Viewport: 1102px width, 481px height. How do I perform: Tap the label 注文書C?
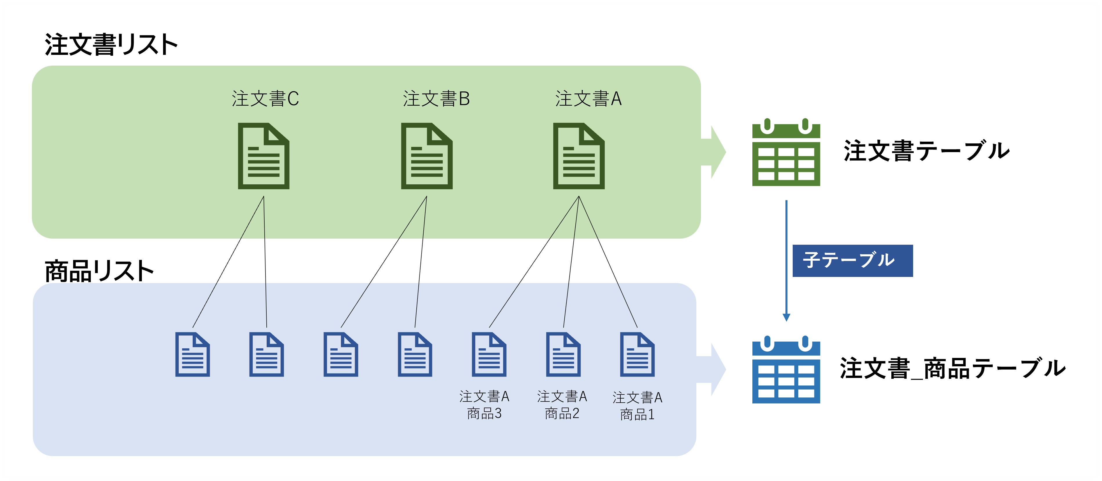click(x=265, y=99)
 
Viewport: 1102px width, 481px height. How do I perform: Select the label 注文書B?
click(x=436, y=99)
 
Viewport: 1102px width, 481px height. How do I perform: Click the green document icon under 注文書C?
click(x=263, y=156)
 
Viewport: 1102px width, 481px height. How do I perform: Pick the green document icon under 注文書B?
click(x=427, y=156)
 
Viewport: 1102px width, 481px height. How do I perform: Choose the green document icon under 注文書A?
click(x=579, y=156)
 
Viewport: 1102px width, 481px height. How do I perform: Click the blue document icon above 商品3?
click(x=489, y=354)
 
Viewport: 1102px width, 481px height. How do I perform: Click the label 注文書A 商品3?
click(x=484, y=405)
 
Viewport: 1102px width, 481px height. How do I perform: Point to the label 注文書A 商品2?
click(x=562, y=405)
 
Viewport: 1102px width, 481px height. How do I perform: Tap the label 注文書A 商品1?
click(x=637, y=406)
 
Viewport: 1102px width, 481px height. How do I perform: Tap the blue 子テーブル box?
click(x=852, y=261)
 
